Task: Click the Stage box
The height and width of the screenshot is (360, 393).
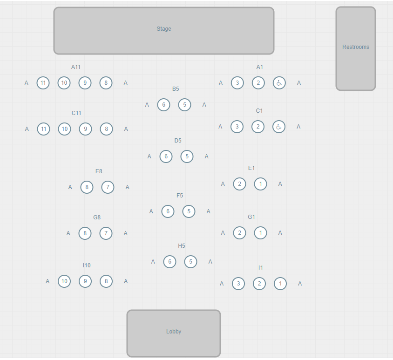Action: [164, 31]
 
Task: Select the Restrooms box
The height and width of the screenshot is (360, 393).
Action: [355, 48]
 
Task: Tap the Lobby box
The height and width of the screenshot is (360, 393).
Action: [173, 333]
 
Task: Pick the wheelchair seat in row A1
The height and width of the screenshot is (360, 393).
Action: [279, 83]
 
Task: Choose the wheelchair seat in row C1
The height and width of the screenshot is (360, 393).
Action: [278, 126]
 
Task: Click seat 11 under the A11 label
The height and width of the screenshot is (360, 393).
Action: [43, 83]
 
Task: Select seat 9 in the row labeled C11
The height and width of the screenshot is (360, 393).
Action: [85, 129]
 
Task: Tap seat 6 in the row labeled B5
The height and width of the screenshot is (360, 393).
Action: [163, 105]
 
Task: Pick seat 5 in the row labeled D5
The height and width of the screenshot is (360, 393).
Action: [187, 156]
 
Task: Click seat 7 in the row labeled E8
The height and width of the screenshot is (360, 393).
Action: [108, 187]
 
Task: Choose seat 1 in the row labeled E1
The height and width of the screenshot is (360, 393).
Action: [261, 184]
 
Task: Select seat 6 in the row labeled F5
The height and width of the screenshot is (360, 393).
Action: [168, 211]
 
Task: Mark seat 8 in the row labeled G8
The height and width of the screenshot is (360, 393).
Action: [85, 233]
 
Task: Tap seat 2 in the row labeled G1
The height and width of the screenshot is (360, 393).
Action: [239, 233]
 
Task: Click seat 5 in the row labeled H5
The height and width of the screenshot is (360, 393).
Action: [191, 262]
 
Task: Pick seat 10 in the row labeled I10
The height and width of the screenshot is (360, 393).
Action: [64, 281]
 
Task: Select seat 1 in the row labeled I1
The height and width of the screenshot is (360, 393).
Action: [280, 283]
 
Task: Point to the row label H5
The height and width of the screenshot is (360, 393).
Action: [182, 246]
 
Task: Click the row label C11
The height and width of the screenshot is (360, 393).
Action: [76, 113]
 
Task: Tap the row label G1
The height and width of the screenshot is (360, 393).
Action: [251, 217]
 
